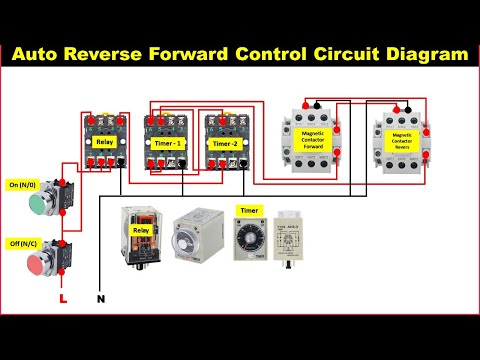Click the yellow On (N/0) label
click(x=22, y=185)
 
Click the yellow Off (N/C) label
click(x=22, y=243)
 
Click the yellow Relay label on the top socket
click(x=104, y=142)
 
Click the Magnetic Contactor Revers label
click(x=402, y=140)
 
